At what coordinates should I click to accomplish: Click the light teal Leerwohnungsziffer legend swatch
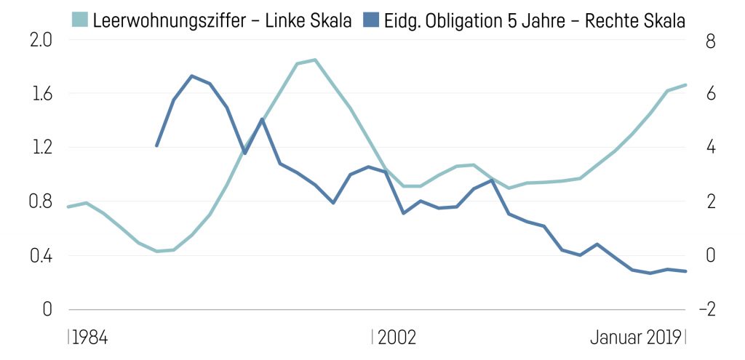pos(80,20)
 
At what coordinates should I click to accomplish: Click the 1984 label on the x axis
pos(89,337)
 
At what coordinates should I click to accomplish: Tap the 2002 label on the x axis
pos(397,337)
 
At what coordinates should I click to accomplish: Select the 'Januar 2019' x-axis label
pos(635,337)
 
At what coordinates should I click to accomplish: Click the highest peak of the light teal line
pos(314,60)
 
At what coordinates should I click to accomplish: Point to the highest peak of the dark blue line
pos(191,76)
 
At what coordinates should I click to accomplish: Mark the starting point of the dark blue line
pos(156,146)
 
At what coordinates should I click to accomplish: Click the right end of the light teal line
pos(686,85)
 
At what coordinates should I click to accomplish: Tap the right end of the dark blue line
pos(686,271)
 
